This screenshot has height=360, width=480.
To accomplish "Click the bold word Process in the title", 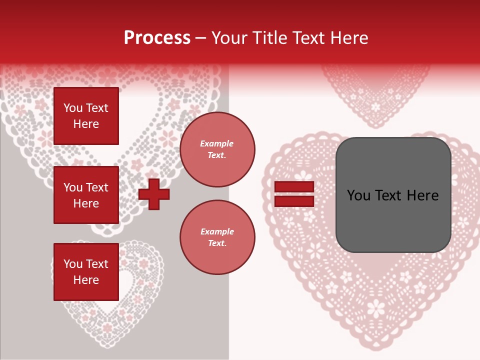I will (157, 38).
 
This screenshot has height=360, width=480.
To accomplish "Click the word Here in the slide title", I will (348, 38).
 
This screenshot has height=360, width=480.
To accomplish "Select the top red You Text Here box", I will (86, 116).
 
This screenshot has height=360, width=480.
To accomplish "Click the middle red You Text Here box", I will (86, 195).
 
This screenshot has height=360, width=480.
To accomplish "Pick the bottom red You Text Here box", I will (86, 271).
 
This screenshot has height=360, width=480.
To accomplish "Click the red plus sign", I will (154, 194).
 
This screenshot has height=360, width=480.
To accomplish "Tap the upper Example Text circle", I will (217, 149).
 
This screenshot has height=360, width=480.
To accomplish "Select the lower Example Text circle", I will (217, 237).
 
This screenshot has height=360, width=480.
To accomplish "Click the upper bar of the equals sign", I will (294, 186).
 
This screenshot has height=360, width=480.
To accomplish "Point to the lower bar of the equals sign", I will (294, 201).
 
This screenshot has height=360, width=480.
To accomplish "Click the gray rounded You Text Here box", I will (393, 195).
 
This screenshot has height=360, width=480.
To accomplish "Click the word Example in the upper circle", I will (217, 143).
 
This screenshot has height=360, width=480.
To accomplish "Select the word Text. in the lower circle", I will (217, 243).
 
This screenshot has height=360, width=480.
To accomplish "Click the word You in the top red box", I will (73, 108).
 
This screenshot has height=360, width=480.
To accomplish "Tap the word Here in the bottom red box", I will (86, 280).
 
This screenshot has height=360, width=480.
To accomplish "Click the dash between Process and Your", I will (200, 38).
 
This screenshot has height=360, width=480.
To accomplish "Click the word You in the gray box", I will (358, 195).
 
